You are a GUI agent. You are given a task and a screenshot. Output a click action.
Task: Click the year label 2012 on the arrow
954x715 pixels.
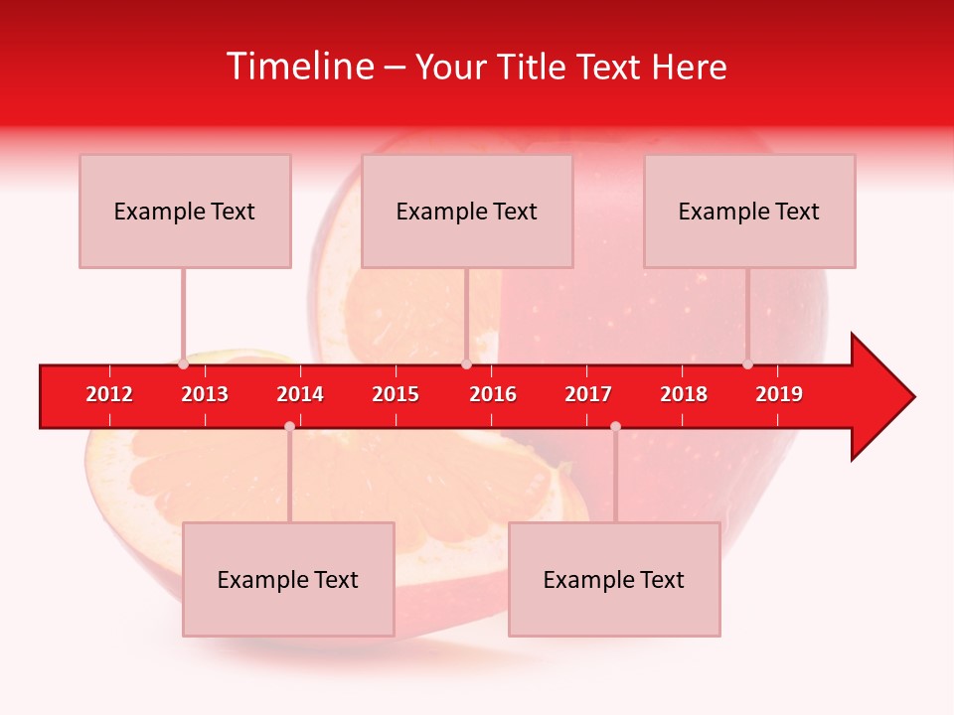click(109, 394)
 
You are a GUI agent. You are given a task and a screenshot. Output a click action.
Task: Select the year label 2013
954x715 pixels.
click(205, 394)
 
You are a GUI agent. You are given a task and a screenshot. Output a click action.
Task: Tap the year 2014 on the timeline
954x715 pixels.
click(300, 394)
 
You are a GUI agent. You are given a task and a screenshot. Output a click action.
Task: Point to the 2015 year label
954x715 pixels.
click(396, 394)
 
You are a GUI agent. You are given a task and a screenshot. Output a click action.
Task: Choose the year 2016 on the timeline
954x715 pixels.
click(493, 394)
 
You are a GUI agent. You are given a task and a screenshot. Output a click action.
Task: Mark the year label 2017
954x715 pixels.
click(588, 394)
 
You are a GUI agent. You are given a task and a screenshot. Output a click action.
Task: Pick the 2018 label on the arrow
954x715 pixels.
click(684, 394)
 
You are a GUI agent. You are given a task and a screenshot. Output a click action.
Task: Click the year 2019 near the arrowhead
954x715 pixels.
click(779, 394)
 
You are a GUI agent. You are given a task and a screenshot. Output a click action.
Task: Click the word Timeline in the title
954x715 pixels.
click(301, 67)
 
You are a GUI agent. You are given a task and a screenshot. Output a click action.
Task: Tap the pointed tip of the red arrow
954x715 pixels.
click(912, 397)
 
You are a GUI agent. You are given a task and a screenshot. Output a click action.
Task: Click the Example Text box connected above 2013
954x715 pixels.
click(185, 211)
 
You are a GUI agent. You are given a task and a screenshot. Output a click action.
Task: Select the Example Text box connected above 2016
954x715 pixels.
click(467, 211)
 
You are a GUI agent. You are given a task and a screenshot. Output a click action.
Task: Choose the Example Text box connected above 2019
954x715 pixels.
click(749, 211)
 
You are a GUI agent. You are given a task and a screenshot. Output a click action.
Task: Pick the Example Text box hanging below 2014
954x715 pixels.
click(288, 579)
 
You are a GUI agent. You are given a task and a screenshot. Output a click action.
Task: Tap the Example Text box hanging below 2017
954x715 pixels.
click(614, 579)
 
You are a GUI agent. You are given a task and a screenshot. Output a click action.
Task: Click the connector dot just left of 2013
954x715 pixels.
click(184, 364)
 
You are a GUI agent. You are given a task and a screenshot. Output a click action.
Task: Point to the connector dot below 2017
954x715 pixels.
click(615, 427)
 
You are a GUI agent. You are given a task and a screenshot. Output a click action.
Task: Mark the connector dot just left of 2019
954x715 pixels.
click(748, 364)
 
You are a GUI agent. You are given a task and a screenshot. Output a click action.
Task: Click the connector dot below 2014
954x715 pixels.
click(289, 427)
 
